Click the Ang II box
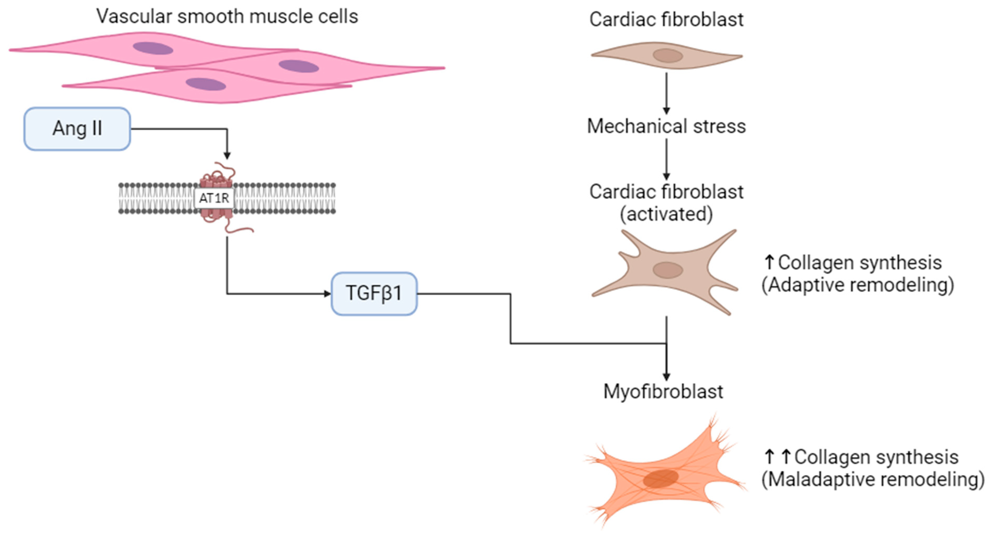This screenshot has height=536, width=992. [77, 129]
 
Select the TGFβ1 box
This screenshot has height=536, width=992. [374, 293]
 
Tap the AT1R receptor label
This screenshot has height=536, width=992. [214, 198]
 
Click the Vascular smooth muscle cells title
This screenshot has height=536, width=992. [227, 16]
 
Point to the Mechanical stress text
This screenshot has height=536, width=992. [666, 126]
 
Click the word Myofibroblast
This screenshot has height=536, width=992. [663, 392]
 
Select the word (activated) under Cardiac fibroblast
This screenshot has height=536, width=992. [666, 214]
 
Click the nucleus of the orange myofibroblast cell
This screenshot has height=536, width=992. [660, 479]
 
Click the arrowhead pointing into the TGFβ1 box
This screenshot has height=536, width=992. [327, 294]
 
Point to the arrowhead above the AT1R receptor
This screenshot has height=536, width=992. [227, 155]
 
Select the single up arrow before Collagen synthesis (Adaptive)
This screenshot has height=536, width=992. [769, 263]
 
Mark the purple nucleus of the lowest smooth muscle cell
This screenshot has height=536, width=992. [206, 84]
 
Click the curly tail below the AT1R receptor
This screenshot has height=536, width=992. [239, 229]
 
